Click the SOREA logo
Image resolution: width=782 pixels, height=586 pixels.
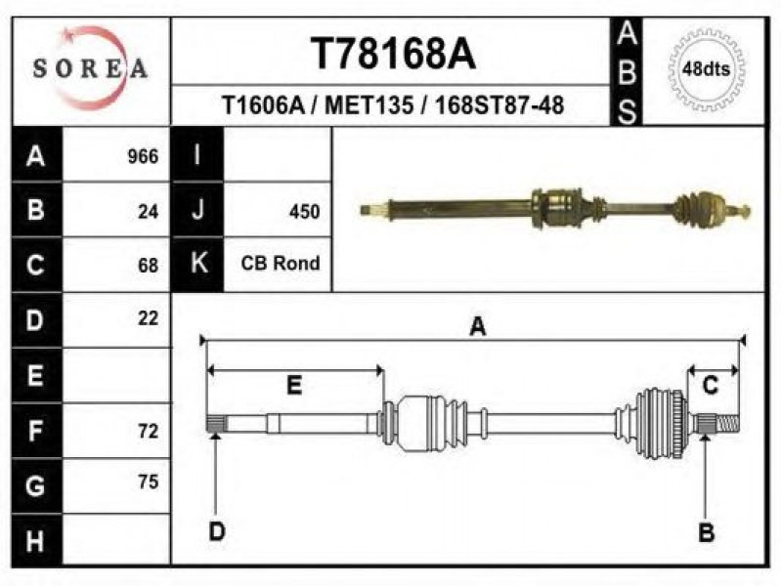[x=90, y=68]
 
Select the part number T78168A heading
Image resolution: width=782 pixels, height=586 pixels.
[x=394, y=54]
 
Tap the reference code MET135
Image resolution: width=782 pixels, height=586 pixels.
[x=369, y=105]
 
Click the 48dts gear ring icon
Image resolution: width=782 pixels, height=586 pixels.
[x=706, y=68]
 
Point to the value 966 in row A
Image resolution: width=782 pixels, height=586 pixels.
[x=143, y=156]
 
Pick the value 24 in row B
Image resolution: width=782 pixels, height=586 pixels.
[x=149, y=212]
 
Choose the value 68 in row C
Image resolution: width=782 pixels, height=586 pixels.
[x=149, y=265]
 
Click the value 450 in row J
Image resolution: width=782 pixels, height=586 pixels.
[x=304, y=212]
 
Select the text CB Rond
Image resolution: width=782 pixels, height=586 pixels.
[x=281, y=263]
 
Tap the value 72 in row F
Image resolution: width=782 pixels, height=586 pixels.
[x=149, y=431]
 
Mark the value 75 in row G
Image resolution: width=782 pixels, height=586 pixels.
[x=149, y=481]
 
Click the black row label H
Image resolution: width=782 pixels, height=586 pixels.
[x=36, y=540]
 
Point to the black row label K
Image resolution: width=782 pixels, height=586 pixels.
[x=197, y=263]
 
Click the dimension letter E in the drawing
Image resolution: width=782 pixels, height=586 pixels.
[x=294, y=386]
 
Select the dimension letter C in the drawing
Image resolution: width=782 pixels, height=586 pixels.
[x=711, y=386]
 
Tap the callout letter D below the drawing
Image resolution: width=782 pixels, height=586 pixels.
[x=217, y=531]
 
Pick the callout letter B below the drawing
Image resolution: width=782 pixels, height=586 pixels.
[x=706, y=532]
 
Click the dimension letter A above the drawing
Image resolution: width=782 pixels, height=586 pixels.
[x=478, y=327]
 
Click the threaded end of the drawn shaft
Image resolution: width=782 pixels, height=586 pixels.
[x=727, y=424]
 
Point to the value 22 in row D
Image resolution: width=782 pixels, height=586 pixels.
[x=149, y=318]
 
